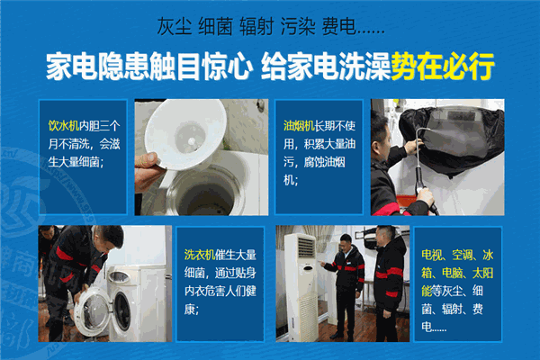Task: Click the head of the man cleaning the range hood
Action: pyautogui.click(x=381, y=126)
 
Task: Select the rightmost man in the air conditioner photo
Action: pyautogui.click(x=389, y=283)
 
